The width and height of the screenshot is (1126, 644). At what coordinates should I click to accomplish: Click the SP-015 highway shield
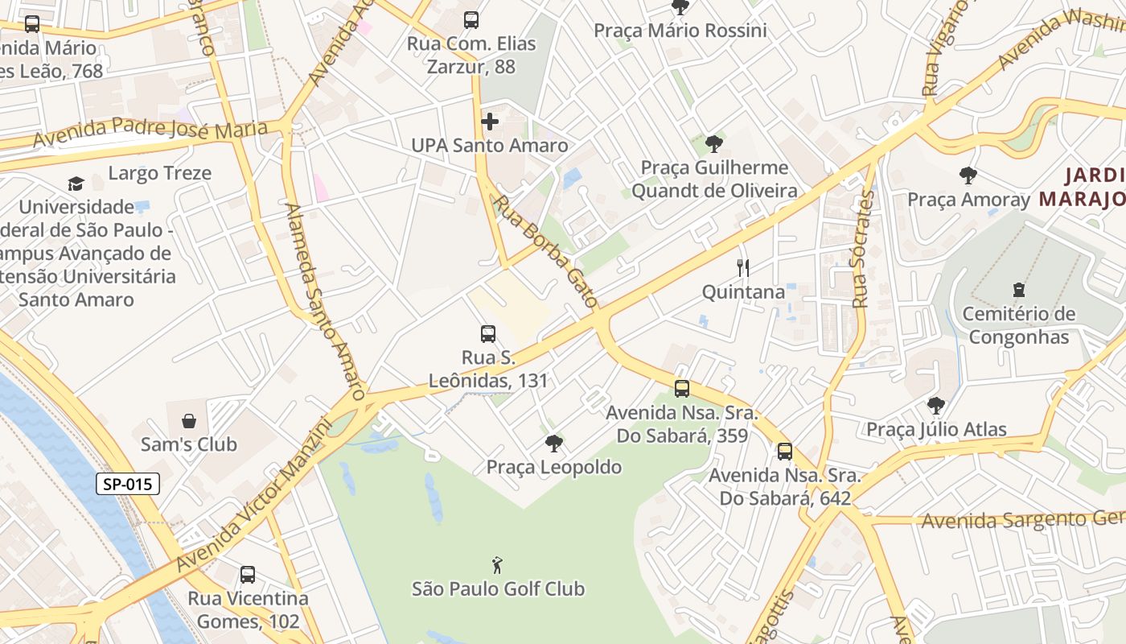click(128, 484)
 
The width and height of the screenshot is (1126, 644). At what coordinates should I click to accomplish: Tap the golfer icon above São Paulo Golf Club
click(498, 564)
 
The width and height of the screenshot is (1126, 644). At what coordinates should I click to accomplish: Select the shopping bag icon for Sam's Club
click(189, 420)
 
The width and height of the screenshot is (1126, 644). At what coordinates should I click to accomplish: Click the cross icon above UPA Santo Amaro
click(489, 122)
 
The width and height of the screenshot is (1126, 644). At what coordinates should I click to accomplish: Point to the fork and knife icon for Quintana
click(743, 268)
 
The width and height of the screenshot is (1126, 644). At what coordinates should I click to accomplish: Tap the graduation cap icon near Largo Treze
click(76, 184)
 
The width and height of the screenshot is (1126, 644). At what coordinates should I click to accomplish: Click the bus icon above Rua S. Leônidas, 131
click(487, 333)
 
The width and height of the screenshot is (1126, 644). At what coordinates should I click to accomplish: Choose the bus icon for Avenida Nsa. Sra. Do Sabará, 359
click(682, 389)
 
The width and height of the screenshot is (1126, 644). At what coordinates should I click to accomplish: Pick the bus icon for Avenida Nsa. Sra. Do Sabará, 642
click(784, 452)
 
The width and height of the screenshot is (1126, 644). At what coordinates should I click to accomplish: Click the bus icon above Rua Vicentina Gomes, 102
click(248, 575)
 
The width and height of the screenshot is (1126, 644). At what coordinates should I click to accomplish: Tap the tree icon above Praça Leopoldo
click(553, 443)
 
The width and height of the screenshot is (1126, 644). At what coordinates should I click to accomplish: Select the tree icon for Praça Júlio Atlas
click(935, 406)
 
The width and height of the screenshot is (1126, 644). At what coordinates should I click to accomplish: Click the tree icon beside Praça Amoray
click(968, 175)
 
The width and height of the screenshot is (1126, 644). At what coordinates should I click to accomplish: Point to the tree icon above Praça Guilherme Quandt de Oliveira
click(713, 144)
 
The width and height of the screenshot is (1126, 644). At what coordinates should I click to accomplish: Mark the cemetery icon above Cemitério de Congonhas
click(1018, 290)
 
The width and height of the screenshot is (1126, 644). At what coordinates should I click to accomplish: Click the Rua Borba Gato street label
click(548, 251)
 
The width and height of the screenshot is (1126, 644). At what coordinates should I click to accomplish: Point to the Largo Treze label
click(160, 173)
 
